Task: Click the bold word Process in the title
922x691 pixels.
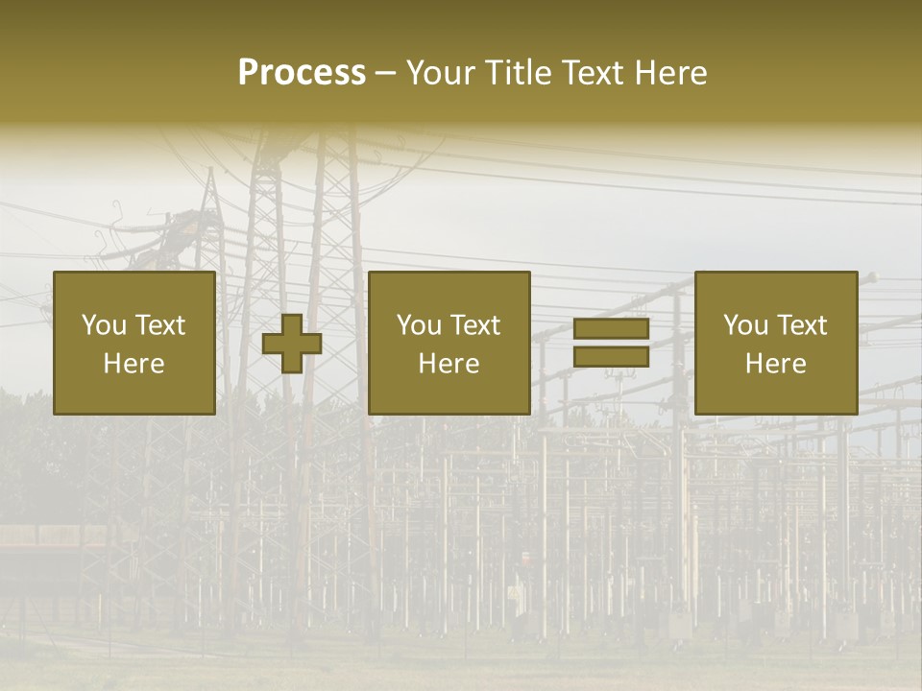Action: point(302,73)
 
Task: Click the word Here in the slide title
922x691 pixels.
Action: point(672,73)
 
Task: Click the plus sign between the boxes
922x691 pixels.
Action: point(292,344)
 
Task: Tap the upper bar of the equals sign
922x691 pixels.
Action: point(611,329)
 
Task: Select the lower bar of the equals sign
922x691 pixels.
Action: point(611,357)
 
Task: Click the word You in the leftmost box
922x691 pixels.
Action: point(104,325)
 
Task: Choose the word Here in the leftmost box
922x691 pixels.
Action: point(133,364)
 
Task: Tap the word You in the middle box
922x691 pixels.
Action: point(419,325)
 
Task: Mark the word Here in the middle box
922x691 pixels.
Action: point(449,364)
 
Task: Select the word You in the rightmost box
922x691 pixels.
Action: point(745,325)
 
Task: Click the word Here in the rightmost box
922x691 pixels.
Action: point(775,364)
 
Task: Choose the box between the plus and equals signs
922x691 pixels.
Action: point(449,393)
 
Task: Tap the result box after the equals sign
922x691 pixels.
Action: point(775,393)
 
